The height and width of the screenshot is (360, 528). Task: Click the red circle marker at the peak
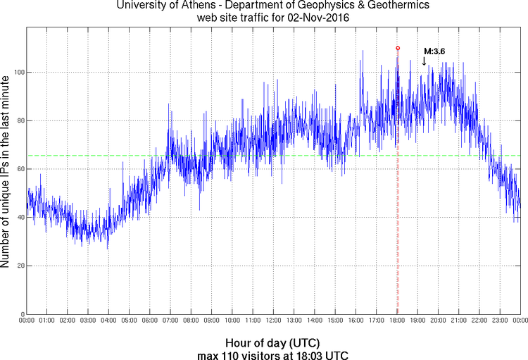(x=398, y=48)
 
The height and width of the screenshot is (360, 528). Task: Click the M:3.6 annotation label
(x=434, y=51)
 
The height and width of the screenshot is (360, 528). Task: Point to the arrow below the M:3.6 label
(x=424, y=61)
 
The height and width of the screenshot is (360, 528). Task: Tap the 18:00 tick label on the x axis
(x=397, y=321)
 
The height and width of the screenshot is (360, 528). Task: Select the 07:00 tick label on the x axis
(x=170, y=321)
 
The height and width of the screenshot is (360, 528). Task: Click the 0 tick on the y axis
(x=22, y=314)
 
